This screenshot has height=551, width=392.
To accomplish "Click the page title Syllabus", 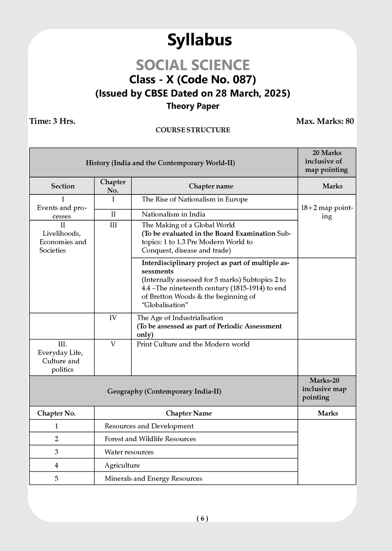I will pyautogui.click(x=199, y=40).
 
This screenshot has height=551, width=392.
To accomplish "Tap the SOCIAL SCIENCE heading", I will pyautogui.click(x=193, y=65).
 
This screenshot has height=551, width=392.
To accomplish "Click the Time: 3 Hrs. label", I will pyautogui.click(x=52, y=121).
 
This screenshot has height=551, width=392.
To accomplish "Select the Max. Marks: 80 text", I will pyautogui.click(x=325, y=121).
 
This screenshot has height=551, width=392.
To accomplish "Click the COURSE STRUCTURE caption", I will pyautogui.click(x=193, y=130).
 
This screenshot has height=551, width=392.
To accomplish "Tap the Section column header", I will pyautogui.click(x=63, y=186).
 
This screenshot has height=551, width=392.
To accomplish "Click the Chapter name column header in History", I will pyautogui.click(x=211, y=186).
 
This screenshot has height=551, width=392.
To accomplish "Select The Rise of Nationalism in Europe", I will pyautogui.click(x=194, y=199).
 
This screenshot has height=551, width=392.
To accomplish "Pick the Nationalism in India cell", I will pyautogui.click(x=173, y=214).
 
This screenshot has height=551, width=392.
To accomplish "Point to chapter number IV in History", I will pyautogui.click(x=113, y=318).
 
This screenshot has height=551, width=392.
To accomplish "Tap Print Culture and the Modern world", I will pyautogui.click(x=193, y=344).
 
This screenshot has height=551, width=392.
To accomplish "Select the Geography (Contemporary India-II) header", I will pyautogui.click(x=164, y=391).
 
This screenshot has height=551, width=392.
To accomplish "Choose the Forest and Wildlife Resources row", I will pyautogui.click(x=150, y=439).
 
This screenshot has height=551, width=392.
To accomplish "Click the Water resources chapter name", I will pyautogui.click(x=129, y=452).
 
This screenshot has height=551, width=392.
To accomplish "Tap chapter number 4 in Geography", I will pyautogui.click(x=56, y=465).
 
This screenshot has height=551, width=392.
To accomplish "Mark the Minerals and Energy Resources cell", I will pyautogui.click(x=153, y=479).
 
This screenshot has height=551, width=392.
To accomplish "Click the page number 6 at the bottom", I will pyautogui.click(x=202, y=518).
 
